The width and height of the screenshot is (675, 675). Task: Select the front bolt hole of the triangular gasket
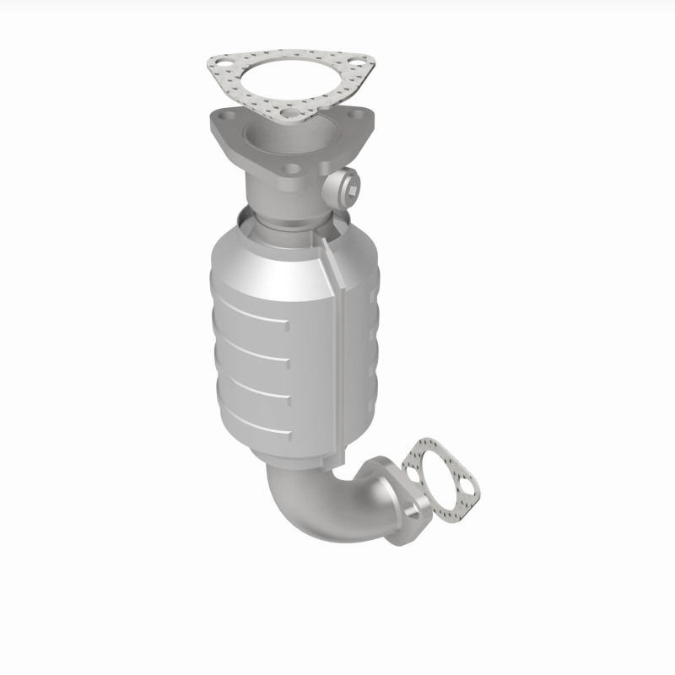point(291,111)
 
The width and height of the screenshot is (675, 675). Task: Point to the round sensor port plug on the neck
point(345,181)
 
